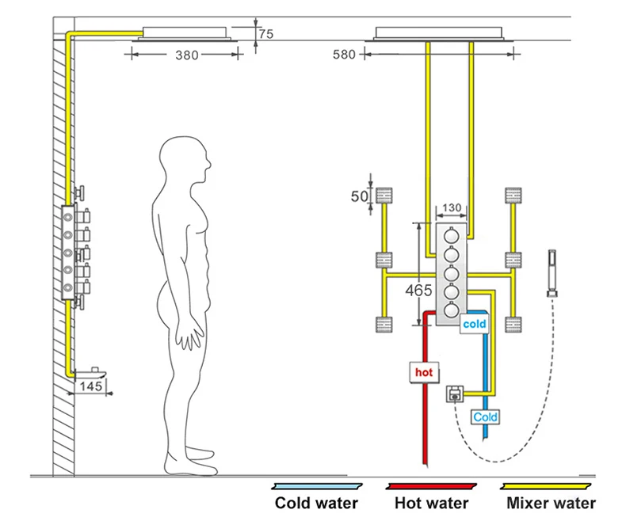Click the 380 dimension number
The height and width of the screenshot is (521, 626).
[187, 55]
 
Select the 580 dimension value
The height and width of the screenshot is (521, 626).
[344, 55]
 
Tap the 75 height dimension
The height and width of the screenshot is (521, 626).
[266, 34]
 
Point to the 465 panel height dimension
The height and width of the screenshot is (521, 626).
[418, 290]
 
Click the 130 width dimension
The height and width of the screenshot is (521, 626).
[452, 207]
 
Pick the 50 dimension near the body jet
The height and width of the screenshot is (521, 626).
[359, 196]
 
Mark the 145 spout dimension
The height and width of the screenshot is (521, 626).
[91, 386]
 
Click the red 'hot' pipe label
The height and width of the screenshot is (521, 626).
[424, 372]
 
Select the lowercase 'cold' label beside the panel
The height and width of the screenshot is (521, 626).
[475, 324]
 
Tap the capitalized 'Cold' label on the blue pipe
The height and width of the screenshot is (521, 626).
[485, 417]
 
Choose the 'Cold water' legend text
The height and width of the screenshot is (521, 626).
[316, 503]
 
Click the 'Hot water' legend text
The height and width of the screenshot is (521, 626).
[432, 503]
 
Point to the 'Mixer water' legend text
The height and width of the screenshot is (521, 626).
[551, 503]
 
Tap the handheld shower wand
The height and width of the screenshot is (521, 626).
[552, 274]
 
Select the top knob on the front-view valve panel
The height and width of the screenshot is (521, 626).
[452, 236]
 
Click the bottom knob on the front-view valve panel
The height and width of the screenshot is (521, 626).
[452, 310]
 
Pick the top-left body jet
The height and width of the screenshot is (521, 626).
[384, 196]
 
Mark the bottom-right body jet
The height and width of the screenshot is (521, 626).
[513, 325]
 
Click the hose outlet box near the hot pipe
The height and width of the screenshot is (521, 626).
[455, 394]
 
